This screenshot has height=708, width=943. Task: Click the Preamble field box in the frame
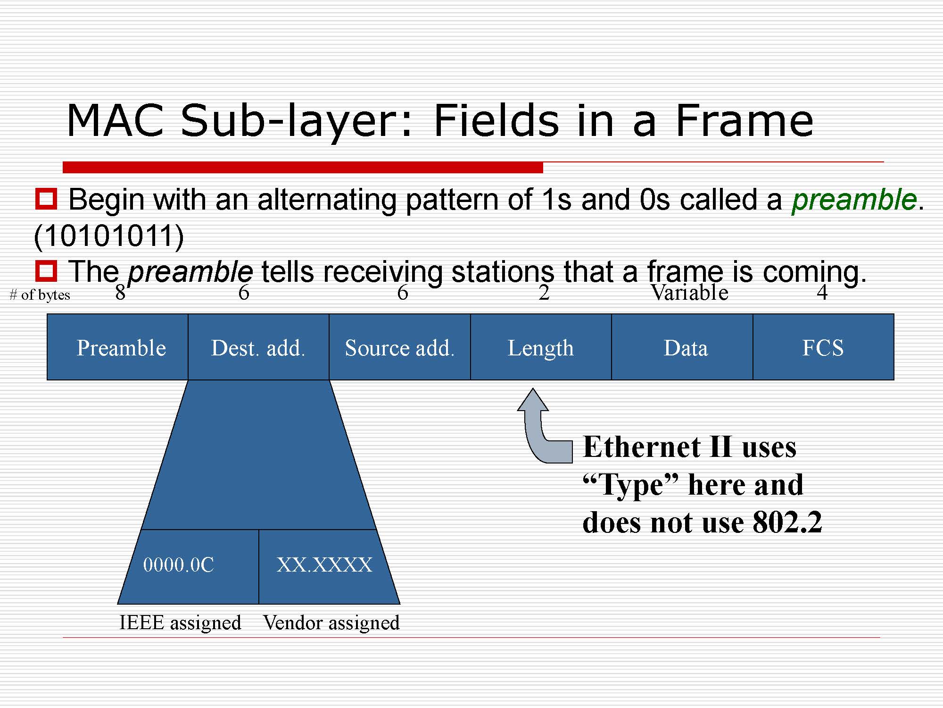(x=117, y=347)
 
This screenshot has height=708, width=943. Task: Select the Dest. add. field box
(x=258, y=347)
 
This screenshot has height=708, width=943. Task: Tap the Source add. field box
(x=400, y=347)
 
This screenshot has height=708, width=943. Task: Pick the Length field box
(x=541, y=347)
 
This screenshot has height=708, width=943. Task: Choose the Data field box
(x=682, y=347)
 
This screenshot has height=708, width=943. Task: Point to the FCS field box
(x=823, y=347)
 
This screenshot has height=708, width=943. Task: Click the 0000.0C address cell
(x=189, y=566)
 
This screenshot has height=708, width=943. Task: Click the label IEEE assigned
(x=180, y=623)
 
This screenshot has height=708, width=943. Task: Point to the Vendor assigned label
(x=331, y=623)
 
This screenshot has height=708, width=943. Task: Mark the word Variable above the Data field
(x=690, y=293)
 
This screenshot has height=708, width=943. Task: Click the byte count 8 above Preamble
(x=120, y=293)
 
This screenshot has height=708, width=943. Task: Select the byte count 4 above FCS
(x=822, y=293)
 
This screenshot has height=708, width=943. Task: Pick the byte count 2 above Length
(x=544, y=293)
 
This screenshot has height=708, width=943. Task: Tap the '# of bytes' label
(x=40, y=295)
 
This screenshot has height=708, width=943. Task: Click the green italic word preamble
(x=854, y=200)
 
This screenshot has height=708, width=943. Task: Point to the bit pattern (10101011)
(x=109, y=236)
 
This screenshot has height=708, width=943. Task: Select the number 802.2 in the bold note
(x=787, y=522)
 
